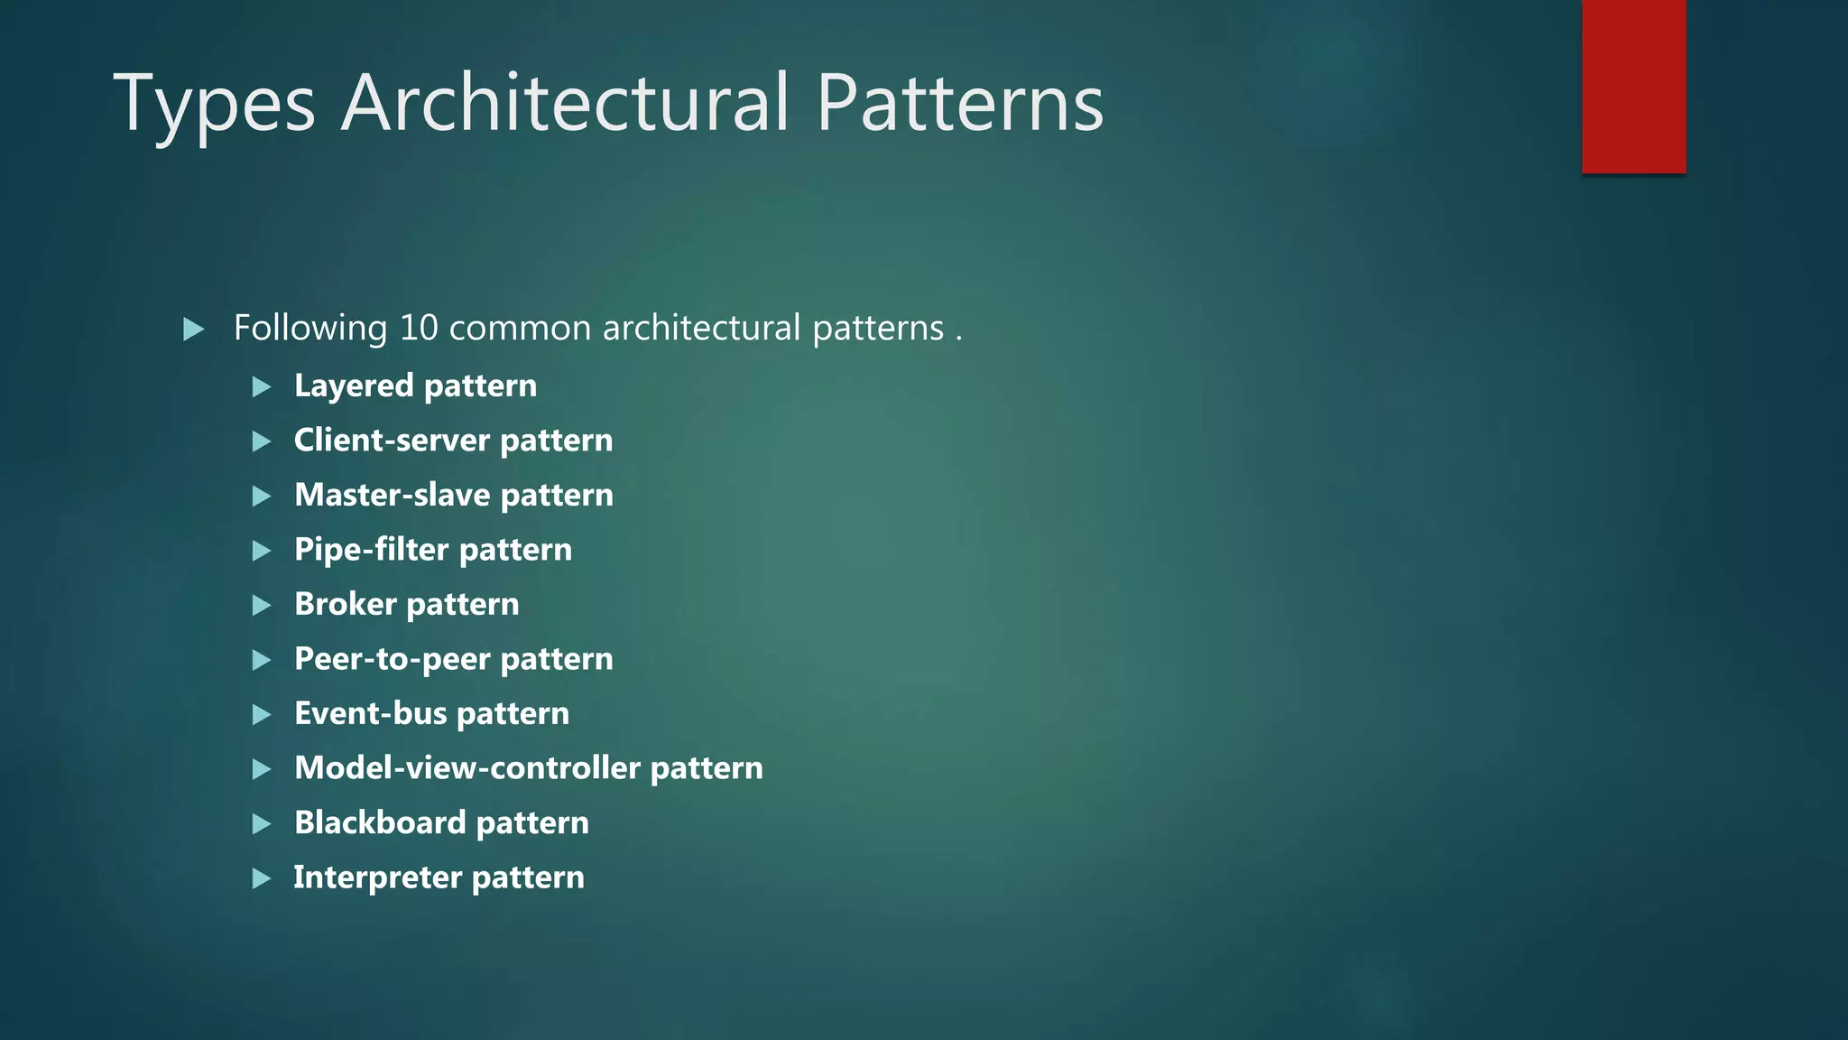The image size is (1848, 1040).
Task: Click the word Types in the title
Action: point(214,105)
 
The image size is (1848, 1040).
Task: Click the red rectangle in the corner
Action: point(1633,87)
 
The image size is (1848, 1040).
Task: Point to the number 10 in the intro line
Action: point(419,328)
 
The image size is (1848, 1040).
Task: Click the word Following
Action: point(310,328)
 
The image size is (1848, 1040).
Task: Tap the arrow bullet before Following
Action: point(193,329)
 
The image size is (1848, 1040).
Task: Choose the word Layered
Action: point(354,386)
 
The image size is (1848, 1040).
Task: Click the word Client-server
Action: point(392,441)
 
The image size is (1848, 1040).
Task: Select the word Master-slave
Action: point(393,495)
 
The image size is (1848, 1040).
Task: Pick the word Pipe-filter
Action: point(372,550)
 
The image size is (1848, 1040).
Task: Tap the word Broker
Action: point(346,604)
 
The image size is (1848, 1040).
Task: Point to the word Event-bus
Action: point(371,713)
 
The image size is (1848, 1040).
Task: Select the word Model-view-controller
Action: point(467,768)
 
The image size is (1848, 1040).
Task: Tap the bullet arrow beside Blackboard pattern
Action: point(262,823)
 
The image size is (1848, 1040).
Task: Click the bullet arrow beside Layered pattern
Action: point(262,387)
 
